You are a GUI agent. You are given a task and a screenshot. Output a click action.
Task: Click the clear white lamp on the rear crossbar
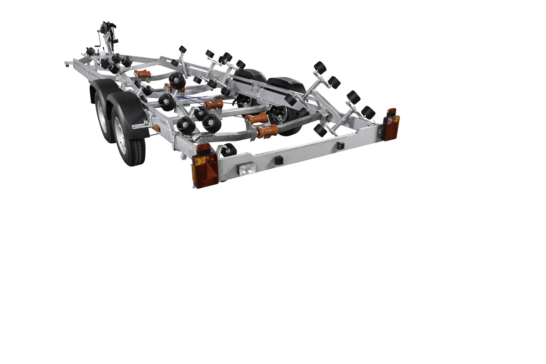[x=246, y=169]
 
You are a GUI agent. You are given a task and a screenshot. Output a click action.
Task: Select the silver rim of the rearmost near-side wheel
[x=121, y=139]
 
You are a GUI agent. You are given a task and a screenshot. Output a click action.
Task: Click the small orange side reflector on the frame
[x=156, y=129]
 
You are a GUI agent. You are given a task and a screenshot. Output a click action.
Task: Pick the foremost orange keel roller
[x=142, y=74]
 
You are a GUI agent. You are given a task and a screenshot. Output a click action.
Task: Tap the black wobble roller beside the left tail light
[x=229, y=150]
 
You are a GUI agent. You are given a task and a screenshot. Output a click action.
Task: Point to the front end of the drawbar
[x=67, y=64]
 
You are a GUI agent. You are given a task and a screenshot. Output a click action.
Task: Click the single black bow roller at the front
[x=91, y=51]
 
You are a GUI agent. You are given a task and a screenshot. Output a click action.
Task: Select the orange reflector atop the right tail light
[x=391, y=111]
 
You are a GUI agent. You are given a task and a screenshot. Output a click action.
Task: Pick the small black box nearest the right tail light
[x=339, y=146]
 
